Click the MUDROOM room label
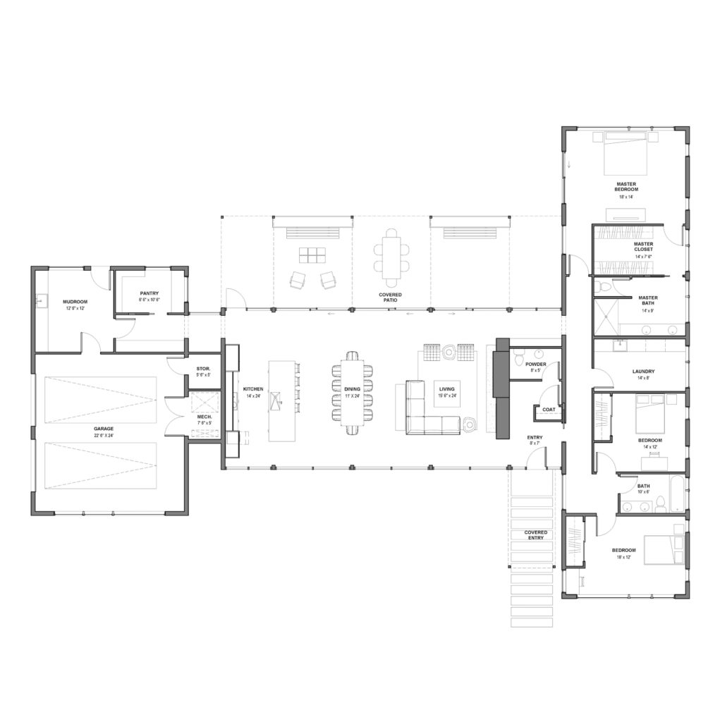click(x=75, y=301)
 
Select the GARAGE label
click(x=104, y=428)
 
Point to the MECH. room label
click(x=205, y=417)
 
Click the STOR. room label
click(x=203, y=369)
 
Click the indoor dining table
click(x=352, y=392)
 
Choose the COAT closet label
click(x=548, y=409)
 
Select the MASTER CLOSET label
click(x=642, y=246)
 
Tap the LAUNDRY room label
click(x=643, y=371)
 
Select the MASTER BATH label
click(x=648, y=300)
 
